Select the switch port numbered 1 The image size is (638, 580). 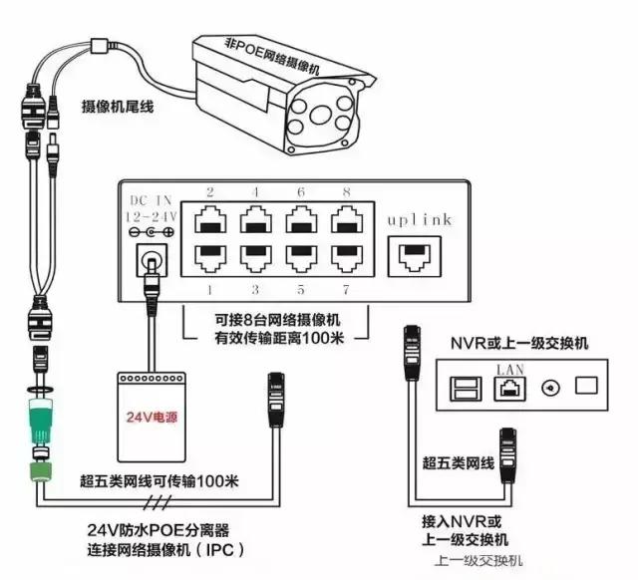click(211, 256)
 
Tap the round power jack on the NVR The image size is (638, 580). click(546, 386)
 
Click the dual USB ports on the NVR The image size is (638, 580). click(465, 386)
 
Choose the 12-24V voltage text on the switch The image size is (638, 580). click(150, 215)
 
